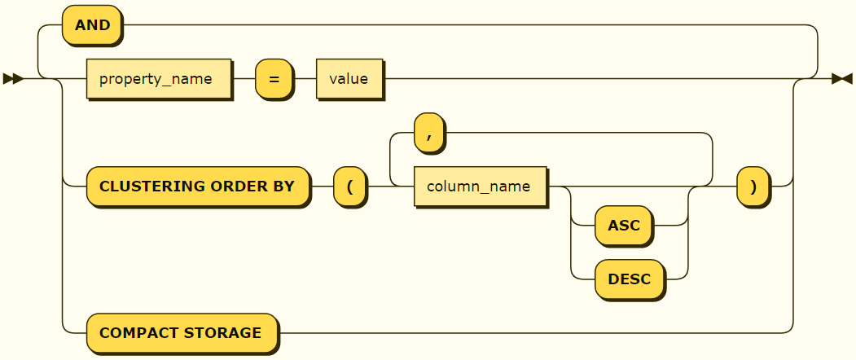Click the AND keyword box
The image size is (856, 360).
(x=92, y=25)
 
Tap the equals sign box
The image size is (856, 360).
(x=274, y=79)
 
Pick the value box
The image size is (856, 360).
(x=349, y=79)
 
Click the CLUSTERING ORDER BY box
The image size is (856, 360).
(x=197, y=187)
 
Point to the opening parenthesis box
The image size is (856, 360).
(x=349, y=187)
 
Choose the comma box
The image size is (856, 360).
(x=428, y=133)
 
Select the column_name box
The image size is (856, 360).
(x=480, y=187)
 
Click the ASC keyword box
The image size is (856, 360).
(x=623, y=226)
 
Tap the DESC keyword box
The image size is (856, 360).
(x=629, y=279)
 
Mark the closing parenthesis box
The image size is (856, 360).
(x=753, y=187)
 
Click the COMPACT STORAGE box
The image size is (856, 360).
(x=181, y=333)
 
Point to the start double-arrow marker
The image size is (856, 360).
(x=12, y=79)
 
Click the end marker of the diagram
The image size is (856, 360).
(x=841, y=79)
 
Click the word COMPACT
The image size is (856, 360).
(x=139, y=333)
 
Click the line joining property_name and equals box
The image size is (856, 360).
(x=244, y=79)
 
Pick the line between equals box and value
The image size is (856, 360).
(x=305, y=79)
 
